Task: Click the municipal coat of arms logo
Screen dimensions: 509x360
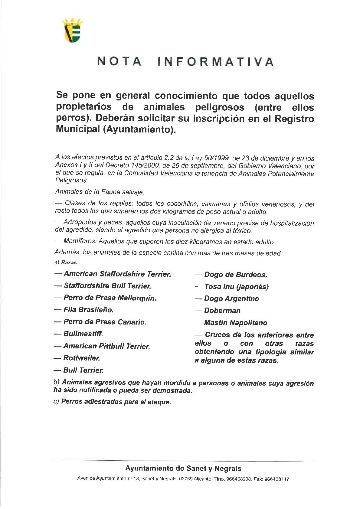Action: coord(72,30)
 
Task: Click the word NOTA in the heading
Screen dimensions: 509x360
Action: coord(119,62)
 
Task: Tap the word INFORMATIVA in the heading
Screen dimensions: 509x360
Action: coord(216,62)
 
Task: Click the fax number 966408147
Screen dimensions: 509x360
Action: coord(277,479)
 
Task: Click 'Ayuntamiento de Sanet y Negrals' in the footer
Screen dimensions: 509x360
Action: coord(183,469)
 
